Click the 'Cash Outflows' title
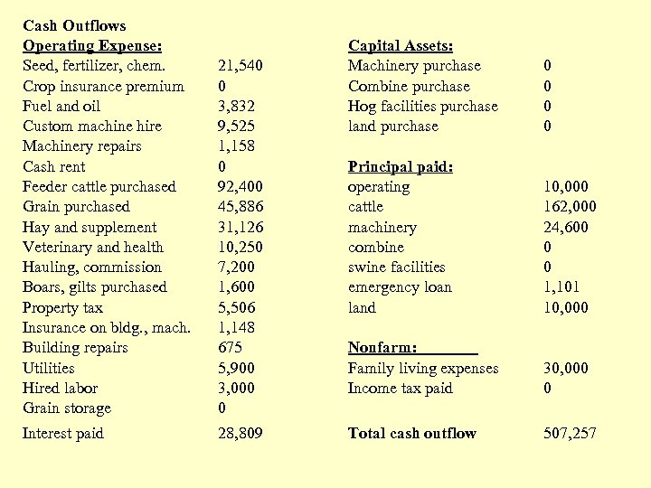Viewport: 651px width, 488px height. (x=74, y=26)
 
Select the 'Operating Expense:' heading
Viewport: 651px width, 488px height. (x=92, y=46)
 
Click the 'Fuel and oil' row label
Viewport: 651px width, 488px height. (x=61, y=107)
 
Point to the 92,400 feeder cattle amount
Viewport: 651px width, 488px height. (x=240, y=187)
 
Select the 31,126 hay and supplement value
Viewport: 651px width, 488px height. (x=240, y=228)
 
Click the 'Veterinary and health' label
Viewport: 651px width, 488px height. (x=93, y=248)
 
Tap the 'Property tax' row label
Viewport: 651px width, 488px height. (x=62, y=308)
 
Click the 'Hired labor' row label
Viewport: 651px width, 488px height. (x=60, y=389)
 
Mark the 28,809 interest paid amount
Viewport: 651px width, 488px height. (x=241, y=434)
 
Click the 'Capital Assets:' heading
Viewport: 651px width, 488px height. (x=401, y=46)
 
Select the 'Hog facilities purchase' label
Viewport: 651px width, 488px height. (x=423, y=107)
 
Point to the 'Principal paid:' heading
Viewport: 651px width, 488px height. (x=401, y=167)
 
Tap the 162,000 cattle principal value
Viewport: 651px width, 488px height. (x=570, y=207)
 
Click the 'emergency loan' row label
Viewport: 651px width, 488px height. (x=400, y=287)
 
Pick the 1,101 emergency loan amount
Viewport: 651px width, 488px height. (x=561, y=287)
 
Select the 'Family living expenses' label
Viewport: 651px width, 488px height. (x=423, y=369)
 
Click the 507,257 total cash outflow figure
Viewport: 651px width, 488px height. (x=570, y=434)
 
